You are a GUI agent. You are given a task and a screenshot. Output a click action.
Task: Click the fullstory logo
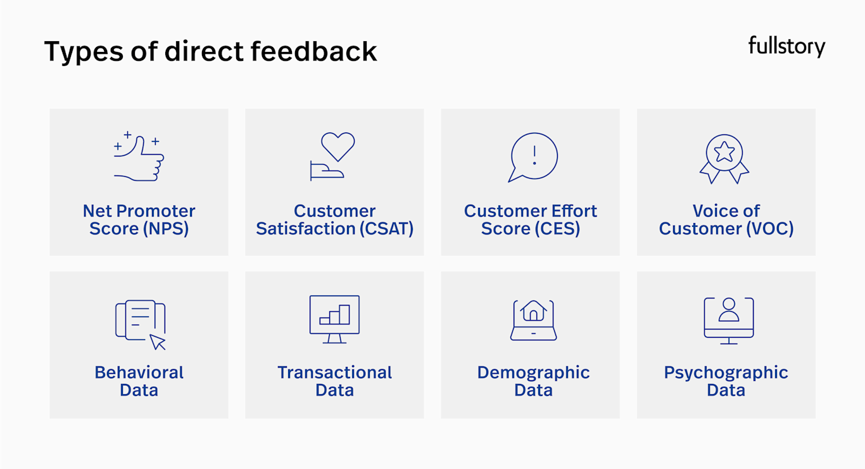[x=786, y=46]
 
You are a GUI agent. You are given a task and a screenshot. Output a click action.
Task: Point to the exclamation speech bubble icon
[x=533, y=157]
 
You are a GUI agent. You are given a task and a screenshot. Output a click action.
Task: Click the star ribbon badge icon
[x=724, y=157]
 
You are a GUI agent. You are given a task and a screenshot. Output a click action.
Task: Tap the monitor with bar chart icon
[x=334, y=319]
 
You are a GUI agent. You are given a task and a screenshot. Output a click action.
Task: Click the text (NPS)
[x=166, y=229]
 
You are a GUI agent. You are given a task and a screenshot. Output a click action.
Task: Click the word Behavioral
[x=139, y=373]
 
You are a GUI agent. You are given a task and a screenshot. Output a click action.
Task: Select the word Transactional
[x=334, y=373]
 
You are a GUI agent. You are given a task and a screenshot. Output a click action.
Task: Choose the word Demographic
[x=533, y=373]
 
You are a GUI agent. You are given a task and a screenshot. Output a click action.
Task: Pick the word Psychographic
[x=726, y=373]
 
